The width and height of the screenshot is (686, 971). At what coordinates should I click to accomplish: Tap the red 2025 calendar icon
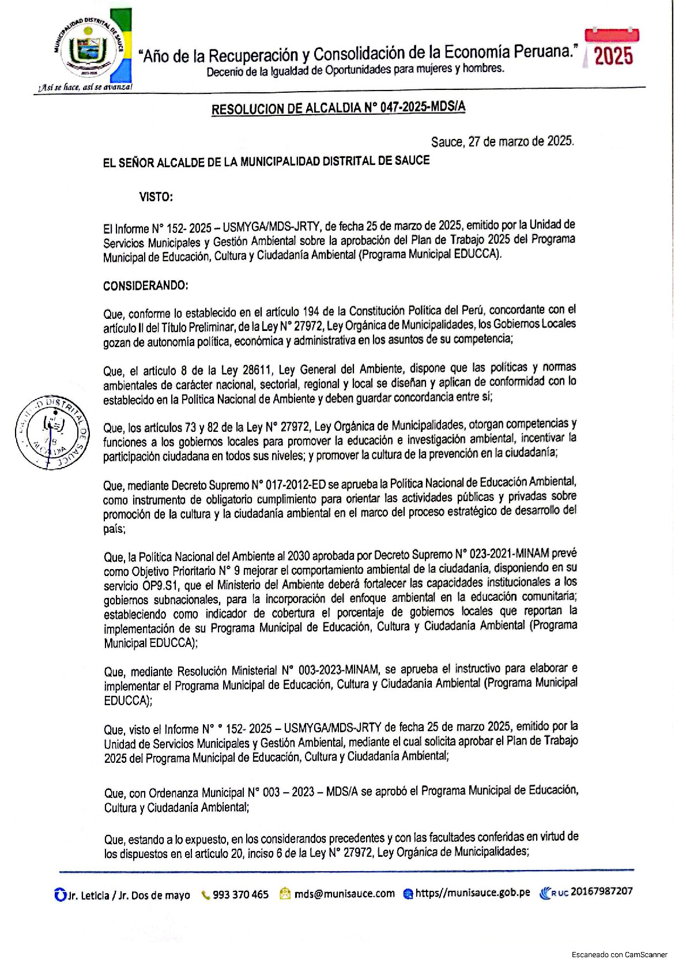pos(612,48)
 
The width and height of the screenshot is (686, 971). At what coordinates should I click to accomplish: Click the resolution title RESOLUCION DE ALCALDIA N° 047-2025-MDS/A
pos(338,108)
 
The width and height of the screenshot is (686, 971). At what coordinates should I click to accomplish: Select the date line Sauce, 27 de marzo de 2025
pos(502,141)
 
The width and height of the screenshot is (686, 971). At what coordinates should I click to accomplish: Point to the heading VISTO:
pos(156,197)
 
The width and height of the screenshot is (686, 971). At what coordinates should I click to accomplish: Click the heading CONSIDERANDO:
pos(145,285)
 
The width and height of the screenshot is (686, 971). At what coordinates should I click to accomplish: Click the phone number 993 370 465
pos(240,894)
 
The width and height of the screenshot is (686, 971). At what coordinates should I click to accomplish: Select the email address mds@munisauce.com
pos(344,893)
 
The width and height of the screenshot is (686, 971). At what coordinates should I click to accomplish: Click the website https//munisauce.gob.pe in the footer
pos(472,893)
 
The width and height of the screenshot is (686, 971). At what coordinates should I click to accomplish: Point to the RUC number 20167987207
pos(601,891)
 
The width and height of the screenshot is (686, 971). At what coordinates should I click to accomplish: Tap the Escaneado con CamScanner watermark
pos(619,954)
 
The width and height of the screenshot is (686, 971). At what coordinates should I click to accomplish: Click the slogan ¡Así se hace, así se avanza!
pos(85,87)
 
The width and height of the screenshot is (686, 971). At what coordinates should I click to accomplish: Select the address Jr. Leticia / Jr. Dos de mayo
pos(128,895)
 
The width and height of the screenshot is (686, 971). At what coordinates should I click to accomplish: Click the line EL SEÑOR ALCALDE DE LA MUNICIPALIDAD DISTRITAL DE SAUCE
pos(266,161)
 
